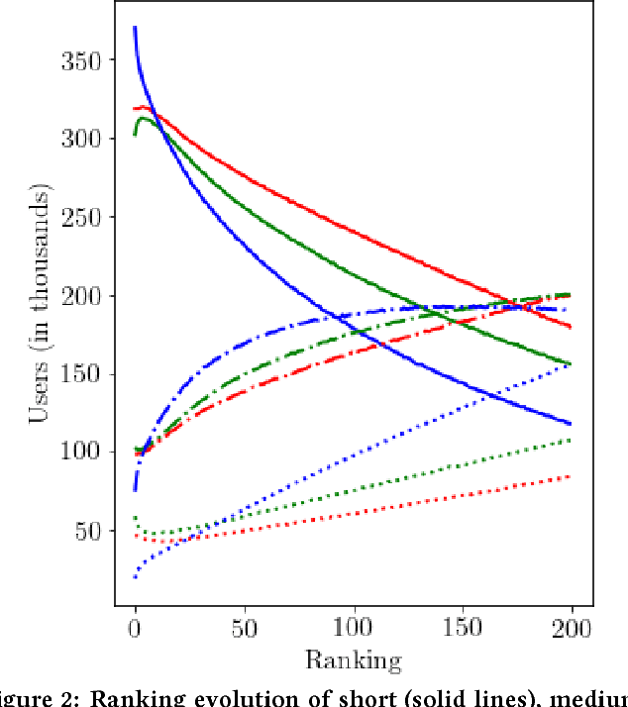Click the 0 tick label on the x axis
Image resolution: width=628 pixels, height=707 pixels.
135,629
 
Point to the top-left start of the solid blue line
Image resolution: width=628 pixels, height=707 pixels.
135,28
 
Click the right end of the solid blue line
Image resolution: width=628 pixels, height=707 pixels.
573,424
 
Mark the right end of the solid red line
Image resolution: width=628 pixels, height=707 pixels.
573,327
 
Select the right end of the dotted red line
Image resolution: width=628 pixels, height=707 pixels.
573,476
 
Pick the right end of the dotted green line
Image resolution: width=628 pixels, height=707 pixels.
573,440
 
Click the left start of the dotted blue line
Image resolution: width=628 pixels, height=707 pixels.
135,576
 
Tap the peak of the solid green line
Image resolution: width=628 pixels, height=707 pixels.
144,118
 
